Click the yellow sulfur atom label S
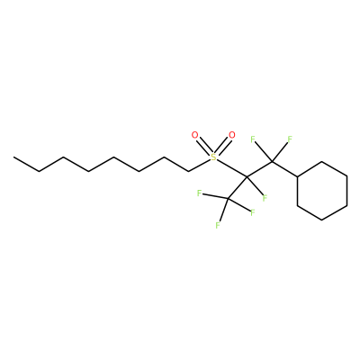pyautogui.click(x=213, y=157)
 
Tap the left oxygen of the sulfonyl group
pyautogui.click(x=194, y=135)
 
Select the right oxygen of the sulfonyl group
pyautogui.click(x=231, y=135)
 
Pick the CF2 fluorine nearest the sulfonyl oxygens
pyautogui.click(x=253, y=139)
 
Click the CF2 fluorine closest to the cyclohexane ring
pyautogui.click(x=290, y=139)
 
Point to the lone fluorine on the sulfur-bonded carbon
pyautogui.click(x=265, y=198)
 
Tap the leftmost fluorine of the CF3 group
pyautogui.click(x=199, y=193)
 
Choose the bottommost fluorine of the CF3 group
pyautogui.click(x=218, y=225)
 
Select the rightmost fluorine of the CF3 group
pyautogui.click(x=252, y=212)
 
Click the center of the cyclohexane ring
pyautogui.click(x=322, y=191)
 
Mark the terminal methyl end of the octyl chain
pyautogui.click(x=13, y=157)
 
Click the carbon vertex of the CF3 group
pyautogui.click(x=228, y=198)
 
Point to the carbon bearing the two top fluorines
pyautogui.click(x=272, y=162)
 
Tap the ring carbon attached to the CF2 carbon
pyautogui.click(x=297, y=176)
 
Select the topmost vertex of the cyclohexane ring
pyautogui.click(x=322, y=162)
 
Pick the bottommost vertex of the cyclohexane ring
pyautogui.click(x=322, y=220)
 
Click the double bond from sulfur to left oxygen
pyautogui.click(x=204, y=146)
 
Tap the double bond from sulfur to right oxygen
pyautogui.click(x=222, y=146)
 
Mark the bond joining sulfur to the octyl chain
pyautogui.click(x=199, y=166)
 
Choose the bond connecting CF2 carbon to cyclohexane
pyautogui.click(x=284, y=169)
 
